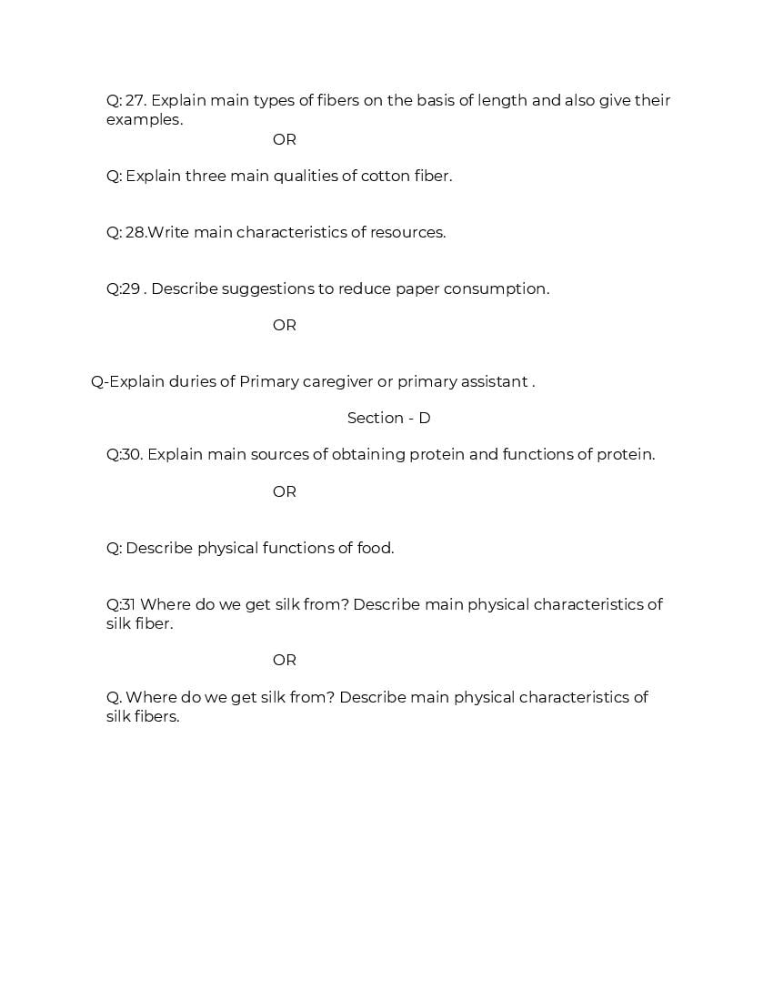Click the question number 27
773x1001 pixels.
[136, 100]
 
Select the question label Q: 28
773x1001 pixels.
[125, 232]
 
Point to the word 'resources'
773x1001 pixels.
[407, 232]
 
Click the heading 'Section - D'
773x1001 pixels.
[388, 418]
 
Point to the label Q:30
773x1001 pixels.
[125, 454]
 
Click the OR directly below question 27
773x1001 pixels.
[284, 139]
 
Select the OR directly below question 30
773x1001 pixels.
[284, 491]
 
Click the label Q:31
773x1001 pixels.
[121, 604]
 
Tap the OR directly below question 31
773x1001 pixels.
[284, 660]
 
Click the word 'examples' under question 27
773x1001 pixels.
[144, 119]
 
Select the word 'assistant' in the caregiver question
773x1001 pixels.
[494, 381]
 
